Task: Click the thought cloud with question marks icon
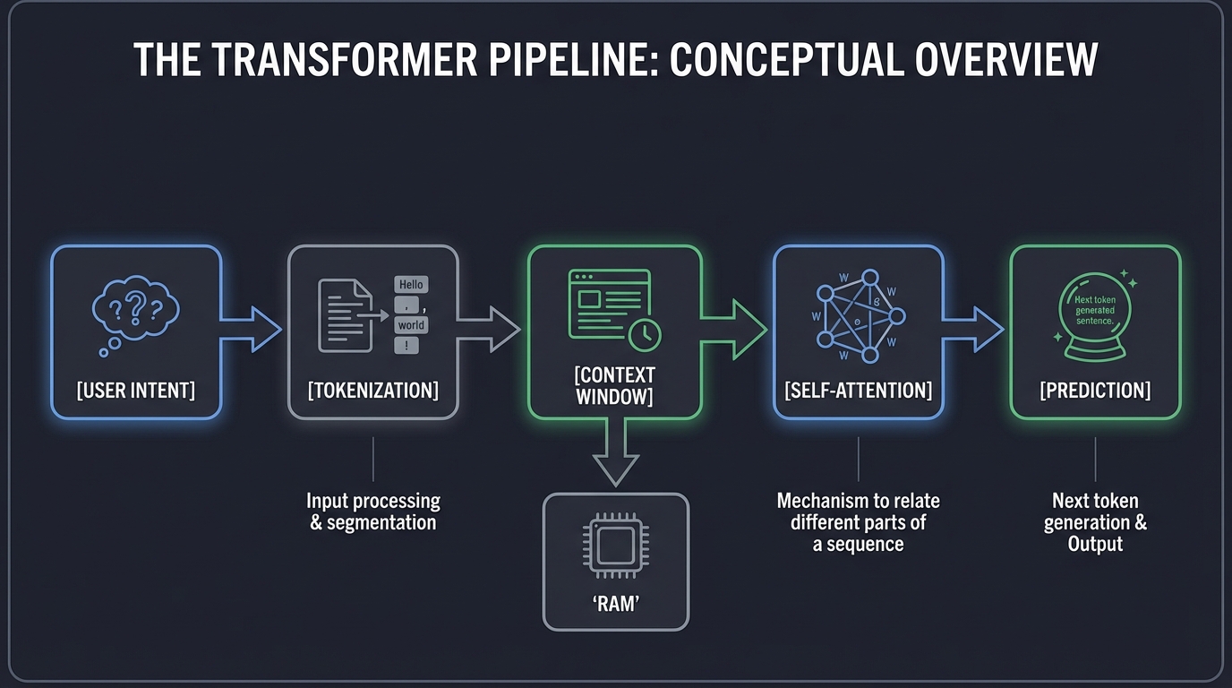tap(137, 312)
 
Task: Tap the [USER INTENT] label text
tap(136, 390)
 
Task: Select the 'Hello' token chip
tap(411, 284)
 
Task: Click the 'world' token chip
tap(411, 324)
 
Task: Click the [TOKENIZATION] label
tap(372, 390)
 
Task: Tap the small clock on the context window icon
tap(645, 334)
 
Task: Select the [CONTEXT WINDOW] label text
tap(615, 385)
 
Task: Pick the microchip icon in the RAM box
tap(615, 546)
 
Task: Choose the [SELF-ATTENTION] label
tap(858, 390)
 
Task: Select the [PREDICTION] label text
tap(1095, 390)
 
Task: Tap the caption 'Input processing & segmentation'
tap(372, 512)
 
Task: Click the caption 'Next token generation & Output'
tap(1095, 522)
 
